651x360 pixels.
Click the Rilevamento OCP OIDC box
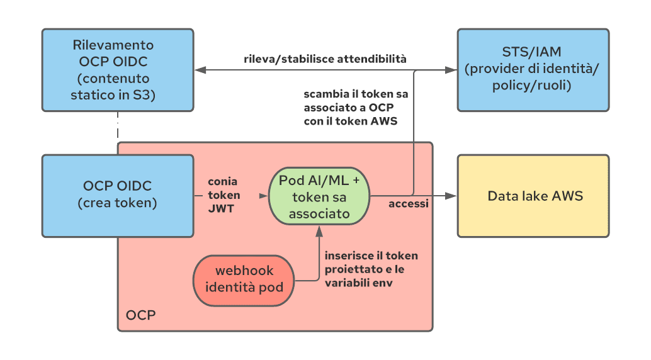(118, 70)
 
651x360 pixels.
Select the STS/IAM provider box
(533, 70)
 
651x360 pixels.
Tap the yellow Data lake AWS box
(533, 196)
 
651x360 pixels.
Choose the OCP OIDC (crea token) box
(118, 196)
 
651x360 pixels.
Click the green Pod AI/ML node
(319, 196)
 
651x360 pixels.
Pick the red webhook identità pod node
(244, 281)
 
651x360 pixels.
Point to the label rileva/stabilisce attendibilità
(325, 59)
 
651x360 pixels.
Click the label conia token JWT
(224, 194)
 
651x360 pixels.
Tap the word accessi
(409, 203)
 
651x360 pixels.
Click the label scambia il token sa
(356, 94)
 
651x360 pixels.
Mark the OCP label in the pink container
(141, 315)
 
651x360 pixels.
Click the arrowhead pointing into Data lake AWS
(451, 196)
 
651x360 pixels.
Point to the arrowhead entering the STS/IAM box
(451, 70)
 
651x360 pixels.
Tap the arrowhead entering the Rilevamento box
(201, 70)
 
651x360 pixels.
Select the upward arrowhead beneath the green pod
(319, 231)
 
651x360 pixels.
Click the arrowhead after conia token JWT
(264, 196)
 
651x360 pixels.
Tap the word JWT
(221, 208)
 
